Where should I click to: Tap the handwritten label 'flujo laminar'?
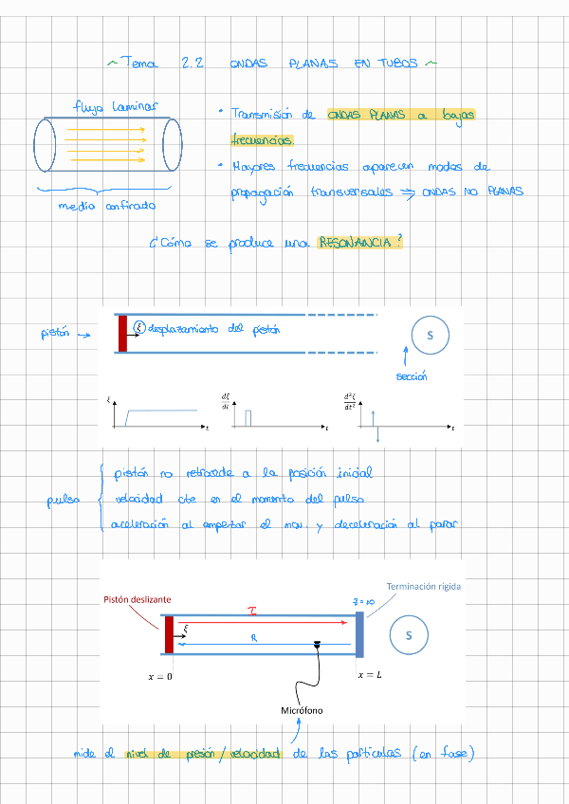[116, 107]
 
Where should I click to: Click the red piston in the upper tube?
[122, 333]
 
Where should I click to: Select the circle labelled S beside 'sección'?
[430, 335]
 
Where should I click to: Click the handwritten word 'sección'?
[411, 376]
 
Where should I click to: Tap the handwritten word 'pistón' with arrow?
[55, 334]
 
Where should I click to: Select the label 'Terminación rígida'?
[424, 587]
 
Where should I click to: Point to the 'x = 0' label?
[160, 676]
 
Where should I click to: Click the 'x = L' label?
[370, 675]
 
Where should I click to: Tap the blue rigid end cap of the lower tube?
[359, 634]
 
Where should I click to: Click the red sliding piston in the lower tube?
[169, 634]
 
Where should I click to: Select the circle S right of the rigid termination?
[409, 635]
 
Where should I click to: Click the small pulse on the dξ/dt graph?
[247, 418]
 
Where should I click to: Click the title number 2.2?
[193, 64]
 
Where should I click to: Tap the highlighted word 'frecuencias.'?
[262, 138]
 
